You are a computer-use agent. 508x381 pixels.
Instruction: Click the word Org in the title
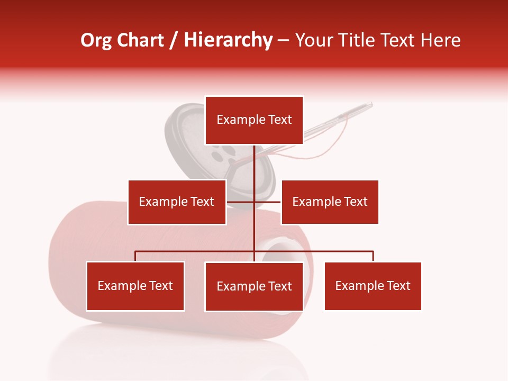click(96, 41)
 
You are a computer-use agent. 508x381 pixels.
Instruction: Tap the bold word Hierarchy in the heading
click(228, 41)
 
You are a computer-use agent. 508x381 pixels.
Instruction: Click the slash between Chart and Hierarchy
click(174, 41)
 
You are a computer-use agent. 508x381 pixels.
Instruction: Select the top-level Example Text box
click(254, 120)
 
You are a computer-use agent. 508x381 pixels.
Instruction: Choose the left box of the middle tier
click(177, 202)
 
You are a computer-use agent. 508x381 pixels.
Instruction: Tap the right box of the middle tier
click(330, 202)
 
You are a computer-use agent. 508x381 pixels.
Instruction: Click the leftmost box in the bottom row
click(135, 286)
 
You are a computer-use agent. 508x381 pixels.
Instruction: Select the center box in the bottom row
click(254, 287)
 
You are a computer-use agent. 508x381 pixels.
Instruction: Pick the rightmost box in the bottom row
click(373, 286)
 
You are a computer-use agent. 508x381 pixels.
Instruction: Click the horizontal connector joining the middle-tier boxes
click(267, 202)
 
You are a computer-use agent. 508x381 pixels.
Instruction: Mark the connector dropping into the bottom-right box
click(373, 256)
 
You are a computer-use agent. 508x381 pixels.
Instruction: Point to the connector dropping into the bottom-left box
click(135, 256)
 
